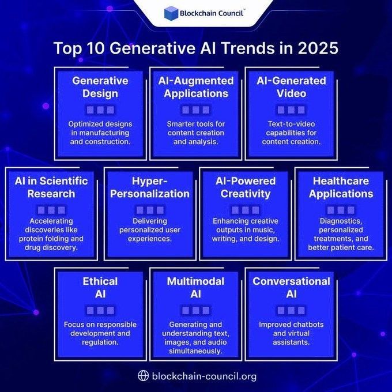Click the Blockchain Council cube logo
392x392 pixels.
point(171,13)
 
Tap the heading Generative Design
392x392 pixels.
point(100,87)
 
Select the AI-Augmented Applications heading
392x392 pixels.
point(196,87)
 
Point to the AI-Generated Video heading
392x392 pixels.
point(291,87)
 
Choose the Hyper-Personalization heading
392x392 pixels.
point(149,187)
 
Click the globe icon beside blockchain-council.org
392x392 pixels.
point(144,376)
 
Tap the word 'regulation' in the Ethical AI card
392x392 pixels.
point(100,342)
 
